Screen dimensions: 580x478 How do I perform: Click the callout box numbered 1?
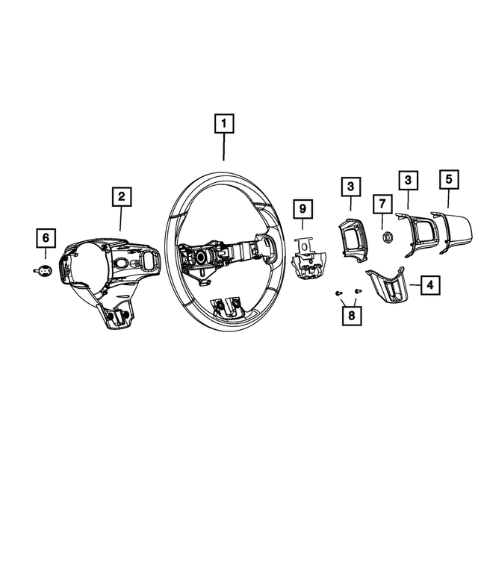(x=224, y=123)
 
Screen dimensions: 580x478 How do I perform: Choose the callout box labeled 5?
(x=448, y=179)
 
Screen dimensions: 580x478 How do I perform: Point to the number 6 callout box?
(x=46, y=238)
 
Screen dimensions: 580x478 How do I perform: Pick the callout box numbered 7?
(x=382, y=203)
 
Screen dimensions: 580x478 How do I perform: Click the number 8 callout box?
(x=350, y=315)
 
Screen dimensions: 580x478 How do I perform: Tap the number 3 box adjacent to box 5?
(x=408, y=180)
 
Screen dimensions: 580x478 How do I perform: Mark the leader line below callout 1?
(x=224, y=147)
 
